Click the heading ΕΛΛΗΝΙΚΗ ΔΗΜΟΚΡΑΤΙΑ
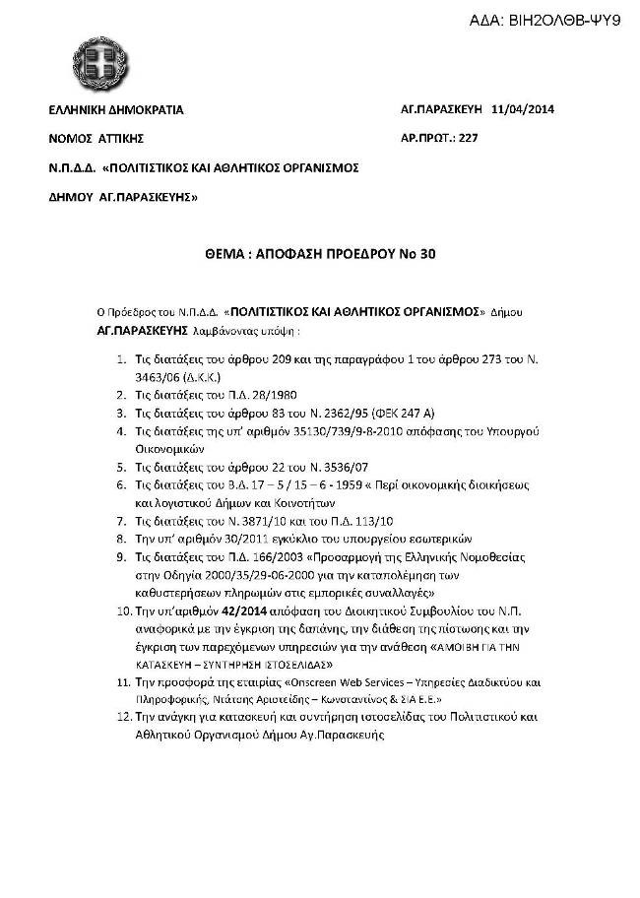coord(116,110)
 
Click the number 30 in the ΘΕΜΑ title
coord(426,253)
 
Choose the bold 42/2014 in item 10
coord(243,610)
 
